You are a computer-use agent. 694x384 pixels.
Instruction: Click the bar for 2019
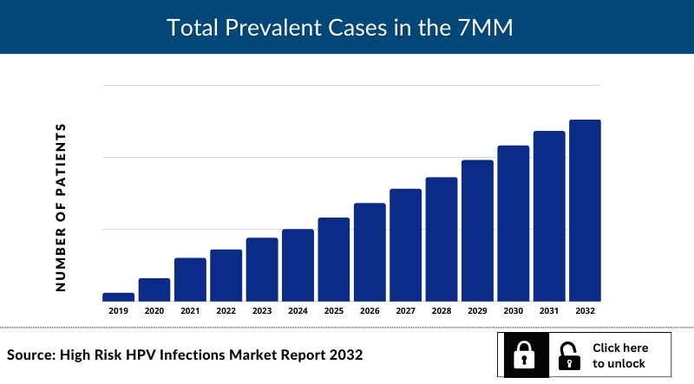(118, 296)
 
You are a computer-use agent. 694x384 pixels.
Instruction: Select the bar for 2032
(585, 211)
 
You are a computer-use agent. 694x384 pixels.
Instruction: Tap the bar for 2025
(334, 259)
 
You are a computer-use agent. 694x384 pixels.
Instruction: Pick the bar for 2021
(190, 279)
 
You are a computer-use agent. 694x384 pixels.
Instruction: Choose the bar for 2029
(477, 231)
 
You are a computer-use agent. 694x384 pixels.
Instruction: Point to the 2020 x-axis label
(154, 310)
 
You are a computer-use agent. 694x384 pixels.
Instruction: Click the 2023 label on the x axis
(262, 310)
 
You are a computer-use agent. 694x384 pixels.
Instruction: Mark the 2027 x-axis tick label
(406, 310)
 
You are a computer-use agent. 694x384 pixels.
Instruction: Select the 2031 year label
(549, 310)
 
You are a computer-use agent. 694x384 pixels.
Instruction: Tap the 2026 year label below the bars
(370, 310)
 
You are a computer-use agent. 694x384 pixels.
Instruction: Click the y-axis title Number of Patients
(61, 207)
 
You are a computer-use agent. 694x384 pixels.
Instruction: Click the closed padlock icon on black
(524, 355)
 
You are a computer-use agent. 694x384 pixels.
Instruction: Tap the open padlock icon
(569, 355)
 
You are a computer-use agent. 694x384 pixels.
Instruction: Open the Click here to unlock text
(620, 355)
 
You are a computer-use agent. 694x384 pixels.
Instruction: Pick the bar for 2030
(514, 223)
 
